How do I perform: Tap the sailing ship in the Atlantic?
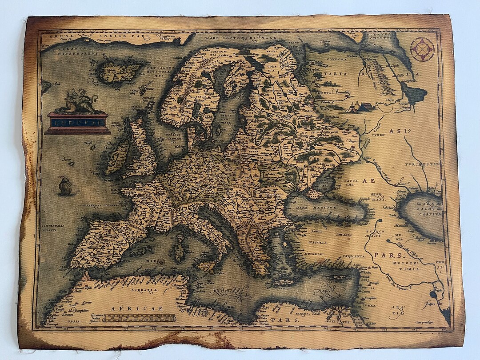65,185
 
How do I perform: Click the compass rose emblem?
422,49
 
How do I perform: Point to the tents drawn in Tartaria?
360,107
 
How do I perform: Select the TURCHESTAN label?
422,164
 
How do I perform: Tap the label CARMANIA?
353,256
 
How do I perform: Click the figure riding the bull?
79,100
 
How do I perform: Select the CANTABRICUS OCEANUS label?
97,205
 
